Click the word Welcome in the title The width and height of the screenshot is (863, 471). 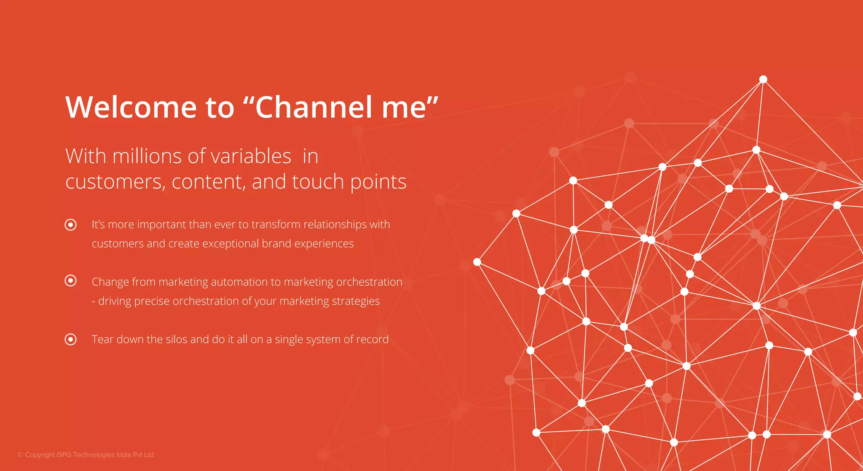pos(131,107)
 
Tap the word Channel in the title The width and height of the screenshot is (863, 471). pos(314,107)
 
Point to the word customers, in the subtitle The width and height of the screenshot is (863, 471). pos(115,182)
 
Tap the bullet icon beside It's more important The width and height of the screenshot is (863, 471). pos(71,225)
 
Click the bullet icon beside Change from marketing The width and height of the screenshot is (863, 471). pos(71,280)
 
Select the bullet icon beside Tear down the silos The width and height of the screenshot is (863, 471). pos(71,339)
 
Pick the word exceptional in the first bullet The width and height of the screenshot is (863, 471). pos(230,244)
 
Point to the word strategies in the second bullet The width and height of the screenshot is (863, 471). pos(356,301)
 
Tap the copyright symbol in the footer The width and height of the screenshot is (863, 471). pos(20,455)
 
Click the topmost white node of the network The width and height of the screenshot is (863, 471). pos(763,79)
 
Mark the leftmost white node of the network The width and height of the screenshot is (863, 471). pos(477,262)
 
